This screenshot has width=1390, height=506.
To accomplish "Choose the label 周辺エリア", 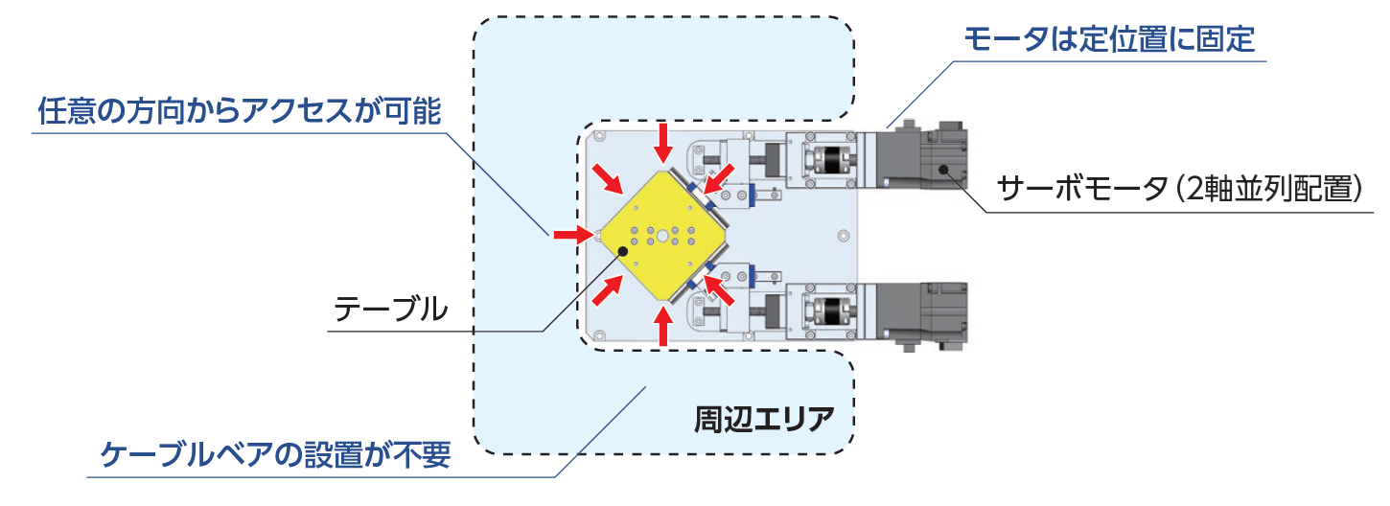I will pos(761,419).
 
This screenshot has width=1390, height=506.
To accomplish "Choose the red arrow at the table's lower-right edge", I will pos(718,287).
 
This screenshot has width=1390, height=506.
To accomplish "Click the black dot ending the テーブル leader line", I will pos(624,250).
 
